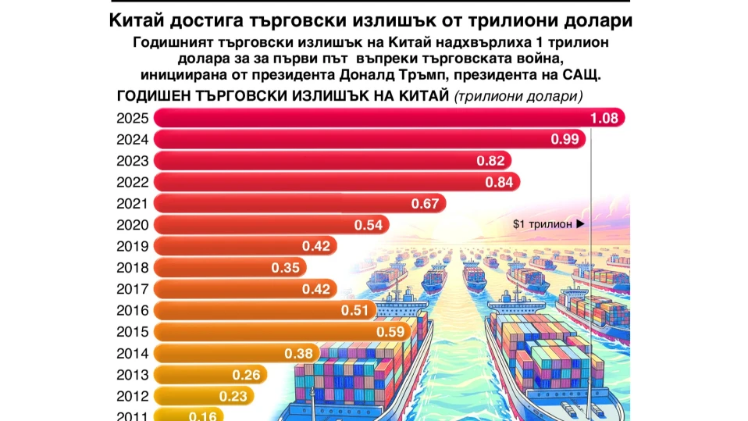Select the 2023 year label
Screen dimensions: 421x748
coord(132,161)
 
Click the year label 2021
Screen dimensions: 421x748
coord(132,204)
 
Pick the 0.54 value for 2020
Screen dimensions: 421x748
coord(368,225)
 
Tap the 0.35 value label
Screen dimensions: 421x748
coord(287,268)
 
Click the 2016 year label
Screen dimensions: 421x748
coord(132,310)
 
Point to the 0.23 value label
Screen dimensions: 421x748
coord(233,395)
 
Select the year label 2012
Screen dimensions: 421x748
coord(132,395)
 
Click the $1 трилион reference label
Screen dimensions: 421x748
coord(543,223)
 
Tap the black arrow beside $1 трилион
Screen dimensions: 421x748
coord(580,223)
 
